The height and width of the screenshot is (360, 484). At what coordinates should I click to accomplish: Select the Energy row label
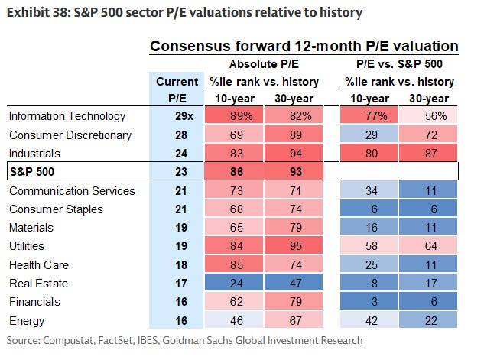(x=26, y=320)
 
